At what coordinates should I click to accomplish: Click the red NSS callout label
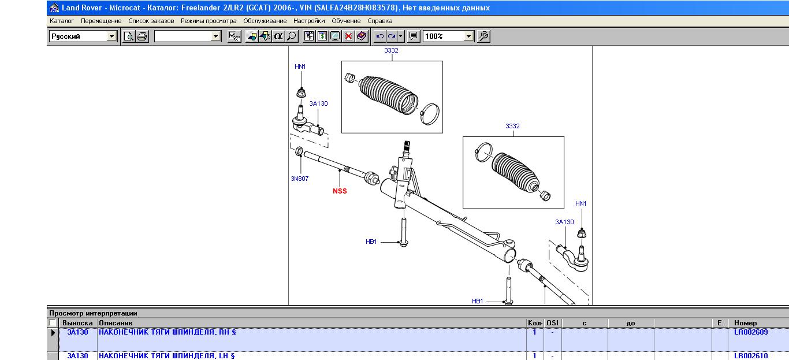point(340,191)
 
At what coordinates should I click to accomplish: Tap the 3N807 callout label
point(299,179)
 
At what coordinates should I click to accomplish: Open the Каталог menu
point(62,21)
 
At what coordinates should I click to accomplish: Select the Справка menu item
point(379,21)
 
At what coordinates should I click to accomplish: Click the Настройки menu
point(309,21)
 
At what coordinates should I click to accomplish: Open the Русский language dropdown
point(83,36)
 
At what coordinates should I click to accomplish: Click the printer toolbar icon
point(142,36)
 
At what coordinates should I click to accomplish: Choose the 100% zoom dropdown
point(448,36)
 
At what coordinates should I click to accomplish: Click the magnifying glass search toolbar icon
point(292,36)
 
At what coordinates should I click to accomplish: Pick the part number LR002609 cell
point(751,332)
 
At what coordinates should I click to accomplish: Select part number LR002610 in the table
point(751,356)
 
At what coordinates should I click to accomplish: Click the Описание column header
point(116,323)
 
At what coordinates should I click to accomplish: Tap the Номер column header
point(745,323)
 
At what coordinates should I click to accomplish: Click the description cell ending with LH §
point(166,356)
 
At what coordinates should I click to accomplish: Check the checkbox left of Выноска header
point(53,323)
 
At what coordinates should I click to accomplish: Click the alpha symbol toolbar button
point(278,36)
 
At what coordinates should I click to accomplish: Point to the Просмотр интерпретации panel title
point(93,313)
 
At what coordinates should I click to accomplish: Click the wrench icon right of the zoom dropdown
point(483,36)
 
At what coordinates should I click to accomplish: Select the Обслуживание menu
point(265,21)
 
